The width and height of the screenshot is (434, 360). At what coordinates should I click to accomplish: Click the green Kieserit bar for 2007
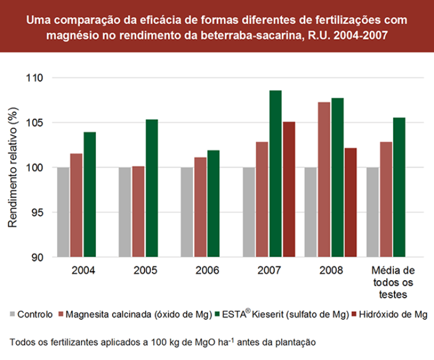click(275, 173)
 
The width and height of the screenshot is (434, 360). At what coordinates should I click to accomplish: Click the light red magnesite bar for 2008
click(324, 179)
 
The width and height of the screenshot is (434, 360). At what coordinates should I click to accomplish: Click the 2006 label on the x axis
click(207, 271)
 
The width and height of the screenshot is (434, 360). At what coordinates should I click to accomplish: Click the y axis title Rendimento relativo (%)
click(13, 169)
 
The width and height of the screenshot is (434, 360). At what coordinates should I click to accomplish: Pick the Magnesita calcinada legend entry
click(135, 314)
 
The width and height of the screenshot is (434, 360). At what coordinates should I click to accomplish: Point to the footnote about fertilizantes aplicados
click(162, 343)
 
